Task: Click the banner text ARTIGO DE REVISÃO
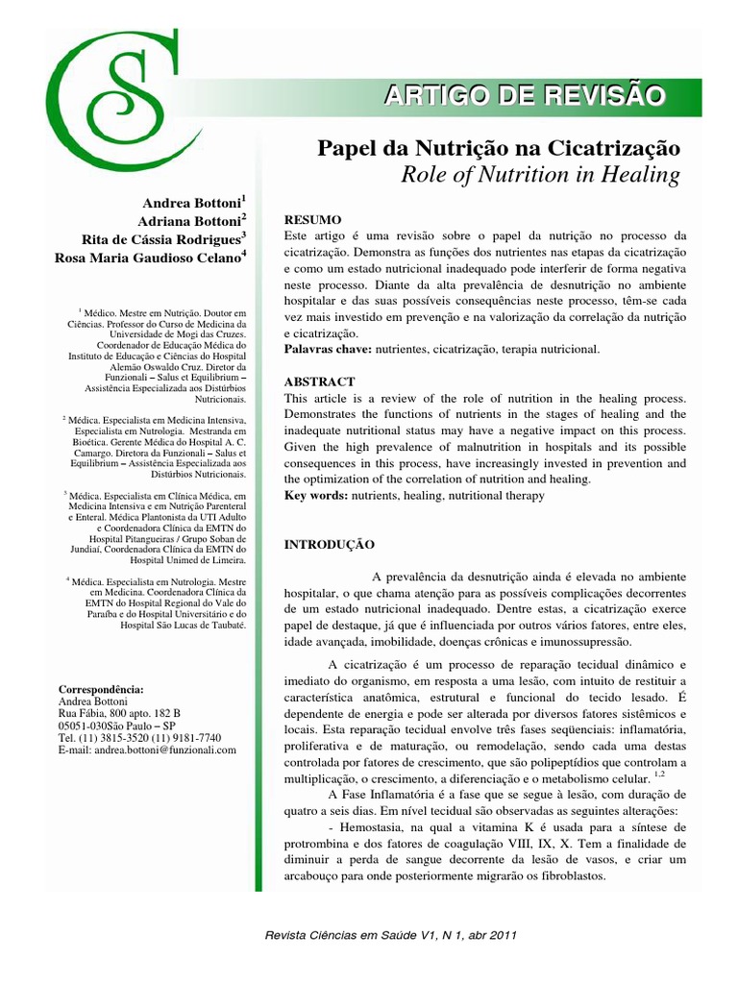click(x=524, y=96)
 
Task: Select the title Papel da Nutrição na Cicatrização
click(x=499, y=149)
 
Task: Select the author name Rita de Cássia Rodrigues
click(x=161, y=238)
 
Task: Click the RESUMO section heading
click(x=312, y=220)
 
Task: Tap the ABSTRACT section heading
click(x=320, y=381)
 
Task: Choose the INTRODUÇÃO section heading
click(x=329, y=545)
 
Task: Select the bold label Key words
click(x=315, y=496)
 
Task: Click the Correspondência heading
click(x=102, y=689)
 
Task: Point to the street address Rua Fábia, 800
click(x=119, y=713)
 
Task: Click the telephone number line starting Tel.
click(x=140, y=737)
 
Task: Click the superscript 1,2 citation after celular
click(x=658, y=774)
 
